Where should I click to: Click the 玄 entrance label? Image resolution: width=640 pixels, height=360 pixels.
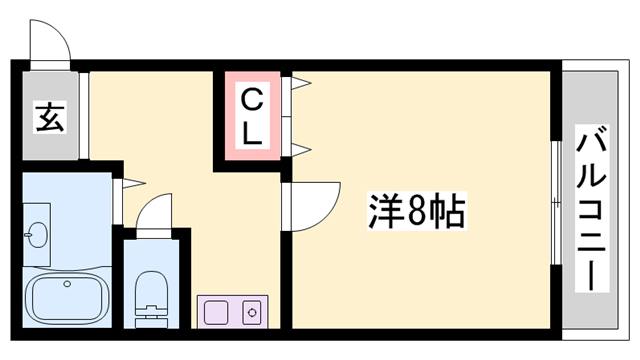50,117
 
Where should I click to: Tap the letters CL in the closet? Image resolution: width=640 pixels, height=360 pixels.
251,117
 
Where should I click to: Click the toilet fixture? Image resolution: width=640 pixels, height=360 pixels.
152,293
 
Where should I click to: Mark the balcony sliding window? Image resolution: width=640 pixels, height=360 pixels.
554,210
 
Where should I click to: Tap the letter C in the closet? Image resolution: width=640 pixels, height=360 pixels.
251,101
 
